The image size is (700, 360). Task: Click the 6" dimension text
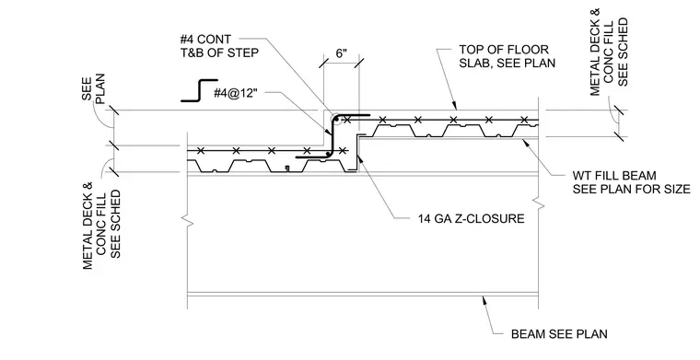341,54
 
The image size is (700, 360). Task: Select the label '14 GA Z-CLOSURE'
471,218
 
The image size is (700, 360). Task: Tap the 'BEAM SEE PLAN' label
559,333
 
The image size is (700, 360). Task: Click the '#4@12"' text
236,94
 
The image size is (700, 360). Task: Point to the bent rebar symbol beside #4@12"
199,90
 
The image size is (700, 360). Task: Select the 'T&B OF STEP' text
219,52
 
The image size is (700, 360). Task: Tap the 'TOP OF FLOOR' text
504,49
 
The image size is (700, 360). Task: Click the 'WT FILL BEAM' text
614,175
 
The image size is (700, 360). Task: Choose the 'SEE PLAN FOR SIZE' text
632,189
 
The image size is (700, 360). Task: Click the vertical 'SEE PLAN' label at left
93,88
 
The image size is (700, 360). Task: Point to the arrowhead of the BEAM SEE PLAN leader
482,297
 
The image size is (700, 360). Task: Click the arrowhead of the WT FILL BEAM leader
523,141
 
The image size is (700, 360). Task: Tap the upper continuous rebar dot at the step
337,119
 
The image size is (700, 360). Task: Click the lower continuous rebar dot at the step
328,154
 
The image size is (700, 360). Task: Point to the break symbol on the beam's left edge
187,220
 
